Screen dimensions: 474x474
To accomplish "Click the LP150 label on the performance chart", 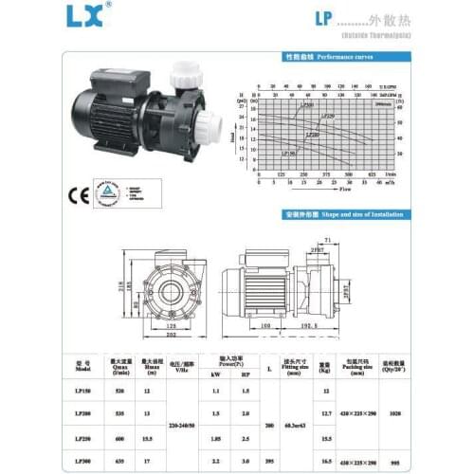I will (288, 152).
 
